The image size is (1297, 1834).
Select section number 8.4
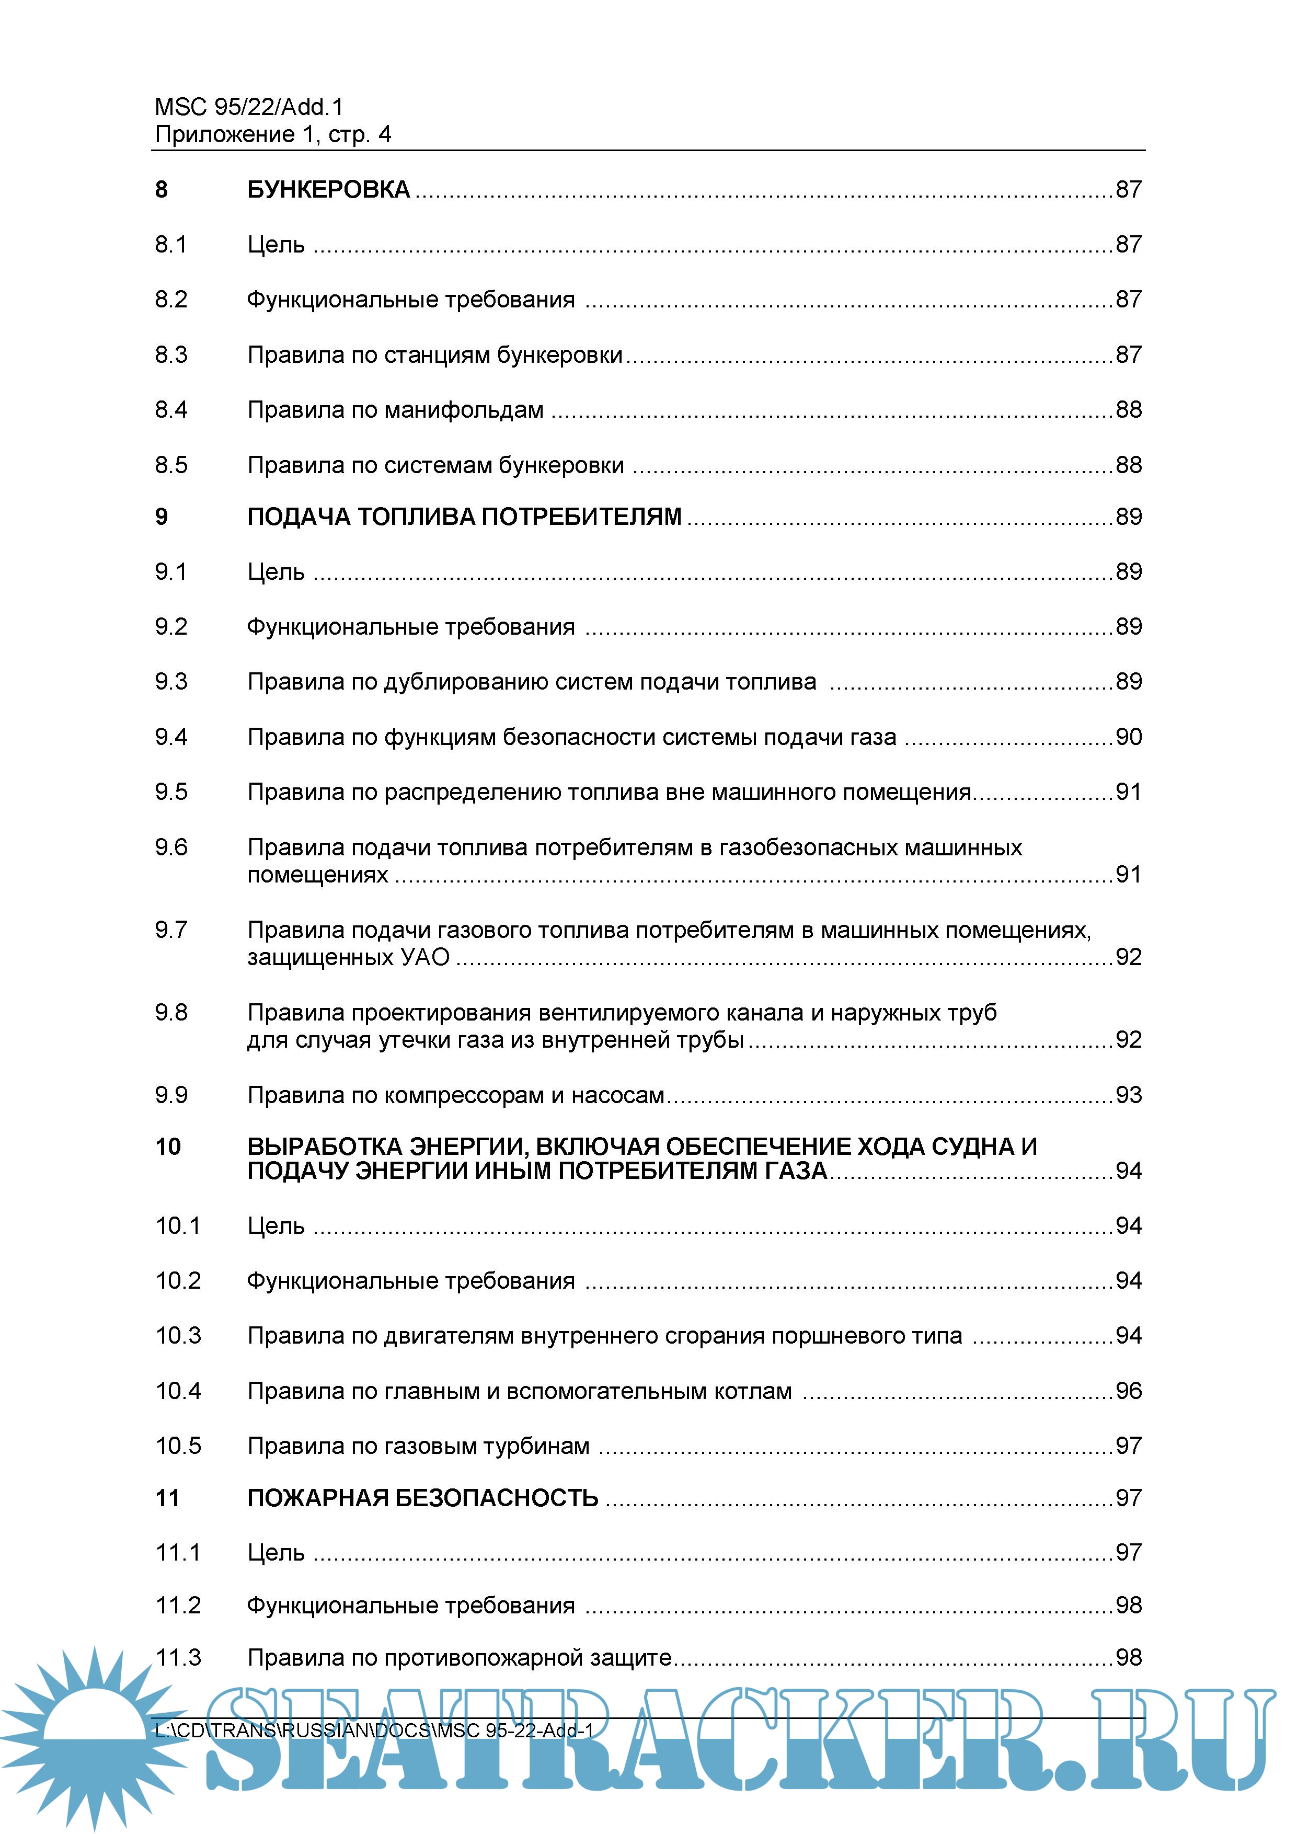point(171,410)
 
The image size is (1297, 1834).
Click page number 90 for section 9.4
point(1128,737)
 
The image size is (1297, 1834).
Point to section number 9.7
point(171,930)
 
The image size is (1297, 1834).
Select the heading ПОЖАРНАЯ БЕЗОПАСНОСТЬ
point(422,1498)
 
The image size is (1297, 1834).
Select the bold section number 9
point(162,517)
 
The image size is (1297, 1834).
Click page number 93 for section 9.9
point(1128,1095)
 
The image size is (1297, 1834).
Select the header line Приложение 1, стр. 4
point(272,134)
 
